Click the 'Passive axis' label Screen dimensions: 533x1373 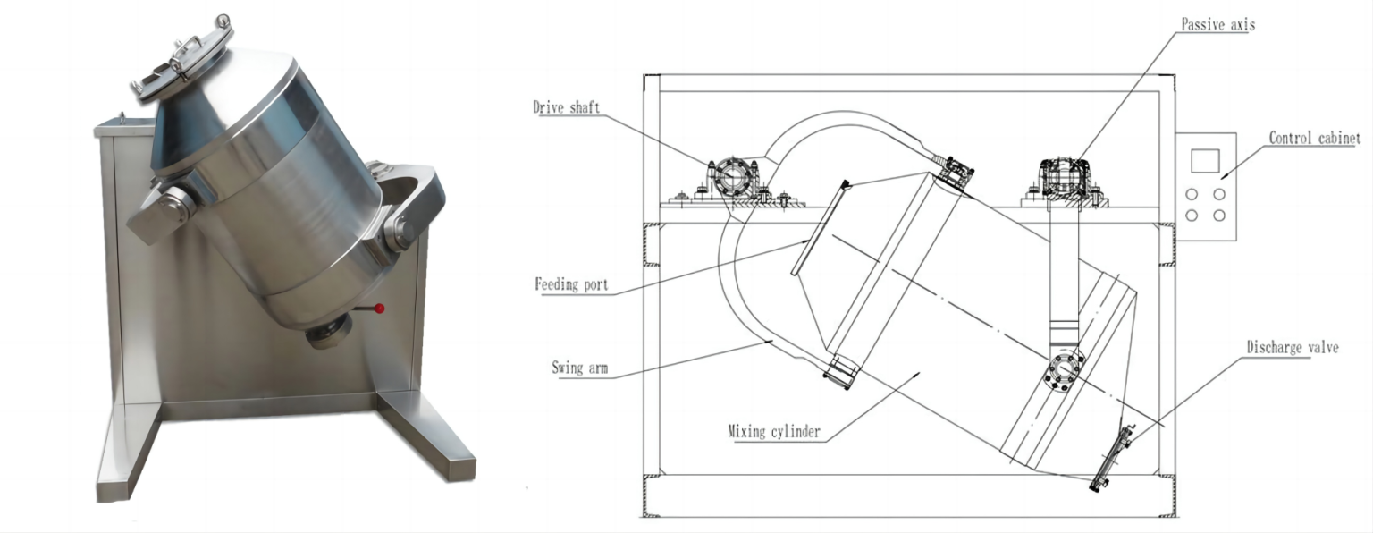tap(1217, 25)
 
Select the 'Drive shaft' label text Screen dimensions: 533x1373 tap(567, 108)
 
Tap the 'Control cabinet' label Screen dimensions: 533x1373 tap(1314, 138)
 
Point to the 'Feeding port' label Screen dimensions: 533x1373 tap(571, 285)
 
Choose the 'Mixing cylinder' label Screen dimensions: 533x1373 tap(774, 433)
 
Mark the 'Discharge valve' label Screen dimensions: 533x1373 tap(1293, 347)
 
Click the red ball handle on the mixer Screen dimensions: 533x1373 tap(380, 309)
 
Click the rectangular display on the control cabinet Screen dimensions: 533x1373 tap(1205, 160)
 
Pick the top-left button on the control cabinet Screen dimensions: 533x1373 tap(1192, 194)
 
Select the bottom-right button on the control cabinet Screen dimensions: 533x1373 tap(1219, 216)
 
